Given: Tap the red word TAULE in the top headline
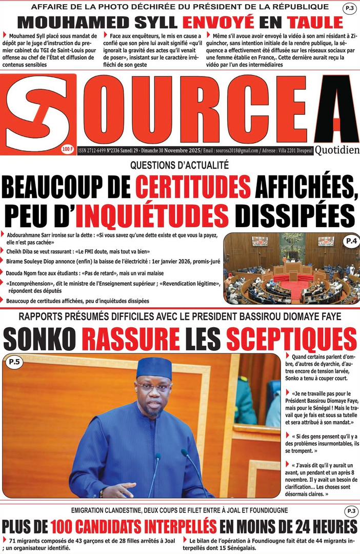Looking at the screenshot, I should tap(315, 22).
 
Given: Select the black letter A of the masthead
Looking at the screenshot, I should tap(336, 110).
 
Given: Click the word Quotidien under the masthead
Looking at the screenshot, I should tap(336, 150).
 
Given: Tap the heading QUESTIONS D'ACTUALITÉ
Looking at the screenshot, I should tap(179, 165).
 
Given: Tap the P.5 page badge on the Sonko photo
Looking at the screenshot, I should tap(14, 363).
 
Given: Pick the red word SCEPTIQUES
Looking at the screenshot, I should tap(291, 339).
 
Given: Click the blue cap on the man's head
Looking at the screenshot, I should tap(154, 366).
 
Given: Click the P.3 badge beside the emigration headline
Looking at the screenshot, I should tap(351, 511).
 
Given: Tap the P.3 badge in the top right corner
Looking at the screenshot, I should tap(351, 8).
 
